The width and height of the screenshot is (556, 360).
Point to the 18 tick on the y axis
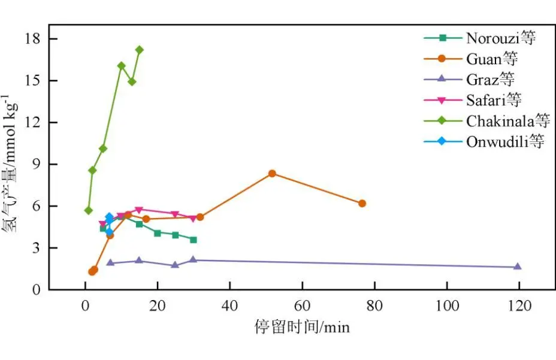click(x=32, y=39)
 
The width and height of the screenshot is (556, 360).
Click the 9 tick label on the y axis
click(x=36, y=164)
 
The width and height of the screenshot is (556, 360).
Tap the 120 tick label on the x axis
click(x=519, y=305)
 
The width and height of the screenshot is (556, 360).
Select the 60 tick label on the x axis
click(x=302, y=305)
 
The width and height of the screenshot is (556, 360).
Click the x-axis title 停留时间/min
click(x=302, y=327)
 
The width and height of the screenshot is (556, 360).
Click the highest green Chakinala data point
click(x=140, y=50)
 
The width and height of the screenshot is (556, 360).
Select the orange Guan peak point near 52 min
click(x=272, y=174)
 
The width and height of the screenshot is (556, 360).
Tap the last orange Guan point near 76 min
click(x=362, y=204)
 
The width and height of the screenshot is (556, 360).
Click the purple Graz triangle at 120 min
click(x=518, y=267)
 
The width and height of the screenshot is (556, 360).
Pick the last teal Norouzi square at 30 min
click(x=194, y=240)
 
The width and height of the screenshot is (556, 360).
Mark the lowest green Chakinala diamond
click(x=89, y=210)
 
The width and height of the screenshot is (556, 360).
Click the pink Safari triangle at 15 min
click(x=139, y=210)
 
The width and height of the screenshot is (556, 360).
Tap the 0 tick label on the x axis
click(x=85, y=305)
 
